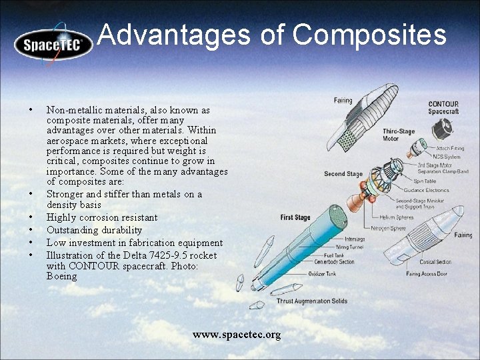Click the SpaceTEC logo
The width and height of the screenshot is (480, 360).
pos(53,45)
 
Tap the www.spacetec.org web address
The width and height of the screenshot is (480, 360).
pos(237,334)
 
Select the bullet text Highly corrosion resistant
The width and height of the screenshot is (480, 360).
pos(102,217)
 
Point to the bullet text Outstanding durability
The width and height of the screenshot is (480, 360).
pos(94,230)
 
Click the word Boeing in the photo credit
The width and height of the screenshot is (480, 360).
pos(61,276)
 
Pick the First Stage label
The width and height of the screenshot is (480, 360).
pos(295,217)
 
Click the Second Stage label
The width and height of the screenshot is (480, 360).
pos(343,174)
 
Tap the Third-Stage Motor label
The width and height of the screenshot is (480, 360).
pos(399,135)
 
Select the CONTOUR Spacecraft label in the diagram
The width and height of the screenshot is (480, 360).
pos(443,107)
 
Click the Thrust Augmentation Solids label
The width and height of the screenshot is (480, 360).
pos(311,301)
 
